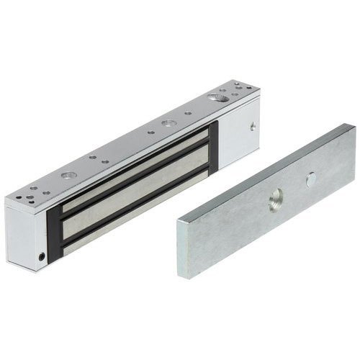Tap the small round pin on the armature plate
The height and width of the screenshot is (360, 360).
(311, 180)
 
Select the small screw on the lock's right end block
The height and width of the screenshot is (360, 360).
(253, 126)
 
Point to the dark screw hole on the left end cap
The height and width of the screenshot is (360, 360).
(41, 256)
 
